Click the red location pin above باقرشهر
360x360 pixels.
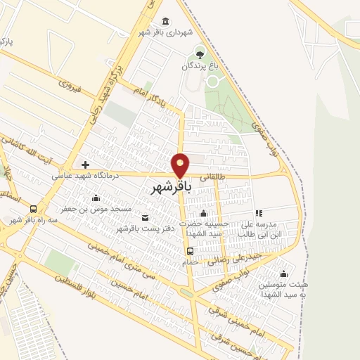(x=181, y=165)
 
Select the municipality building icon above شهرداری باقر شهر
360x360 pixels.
(x=165, y=21)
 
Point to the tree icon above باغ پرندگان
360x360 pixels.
(x=200, y=54)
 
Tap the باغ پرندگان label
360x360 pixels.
(x=202, y=65)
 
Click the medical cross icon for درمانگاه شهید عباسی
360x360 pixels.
(x=85, y=165)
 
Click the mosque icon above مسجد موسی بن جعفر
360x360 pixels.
(x=96, y=198)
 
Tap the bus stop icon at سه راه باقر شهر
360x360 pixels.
(x=33, y=209)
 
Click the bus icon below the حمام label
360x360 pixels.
(x=190, y=251)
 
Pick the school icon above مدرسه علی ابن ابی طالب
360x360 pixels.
(x=259, y=213)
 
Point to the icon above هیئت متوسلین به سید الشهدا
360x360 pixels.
(x=283, y=274)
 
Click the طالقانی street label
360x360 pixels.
(x=216, y=178)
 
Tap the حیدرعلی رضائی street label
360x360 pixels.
(x=229, y=260)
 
